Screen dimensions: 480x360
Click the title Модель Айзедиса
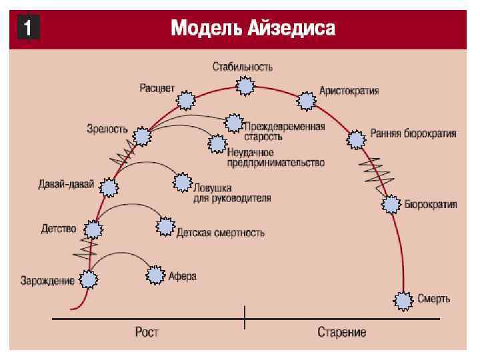click(x=253, y=29)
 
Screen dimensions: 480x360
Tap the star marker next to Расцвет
click(x=186, y=101)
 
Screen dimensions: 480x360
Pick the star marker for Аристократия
click(x=306, y=101)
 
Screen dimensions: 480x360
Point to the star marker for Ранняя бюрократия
click(x=357, y=139)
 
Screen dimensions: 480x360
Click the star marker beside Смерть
click(x=403, y=301)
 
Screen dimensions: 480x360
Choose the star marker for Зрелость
click(x=141, y=137)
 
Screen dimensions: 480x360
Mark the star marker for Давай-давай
click(x=109, y=188)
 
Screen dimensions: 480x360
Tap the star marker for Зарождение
click(x=88, y=280)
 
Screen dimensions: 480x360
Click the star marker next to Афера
click(x=155, y=275)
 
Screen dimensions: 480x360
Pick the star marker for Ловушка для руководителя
click(x=181, y=183)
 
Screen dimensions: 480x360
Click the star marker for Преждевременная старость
click(x=233, y=123)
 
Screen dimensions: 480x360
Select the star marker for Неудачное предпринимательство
click(x=217, y=144)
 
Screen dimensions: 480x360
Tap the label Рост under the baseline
click(x=146, y=331)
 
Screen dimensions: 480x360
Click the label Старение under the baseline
click(x=341, y=331)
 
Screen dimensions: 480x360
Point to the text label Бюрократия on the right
click(x=431, y=205)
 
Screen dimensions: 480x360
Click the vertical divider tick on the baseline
click(x=245, y=318)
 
